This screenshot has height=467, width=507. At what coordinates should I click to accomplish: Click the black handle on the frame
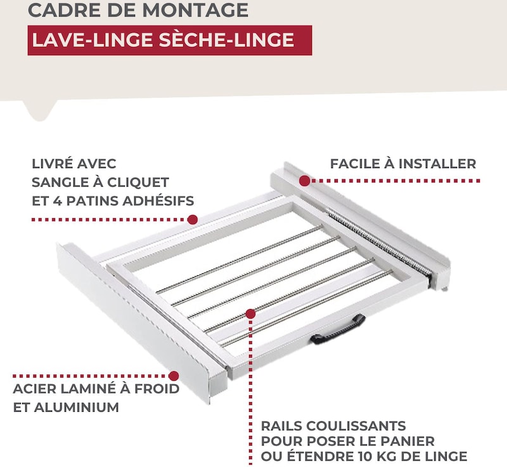(338, 330)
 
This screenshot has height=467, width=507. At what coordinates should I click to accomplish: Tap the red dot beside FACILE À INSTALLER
(304, 181)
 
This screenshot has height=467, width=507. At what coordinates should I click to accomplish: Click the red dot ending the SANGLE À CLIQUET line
(193, 220)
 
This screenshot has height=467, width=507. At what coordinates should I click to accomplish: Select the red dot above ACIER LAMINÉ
(174, 376)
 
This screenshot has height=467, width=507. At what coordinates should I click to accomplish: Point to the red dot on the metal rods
(250, 313)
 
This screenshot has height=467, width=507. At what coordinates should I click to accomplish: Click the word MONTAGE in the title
(196, 10)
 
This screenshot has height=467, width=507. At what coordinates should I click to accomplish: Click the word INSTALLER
(437, 164)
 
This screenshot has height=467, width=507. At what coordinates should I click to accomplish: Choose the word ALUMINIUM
(77, 407)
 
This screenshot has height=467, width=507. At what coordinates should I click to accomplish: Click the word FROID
(157, 389)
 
